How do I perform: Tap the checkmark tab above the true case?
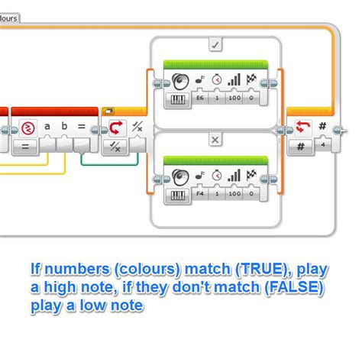[215, 46]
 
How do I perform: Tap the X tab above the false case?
[215, 140]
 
